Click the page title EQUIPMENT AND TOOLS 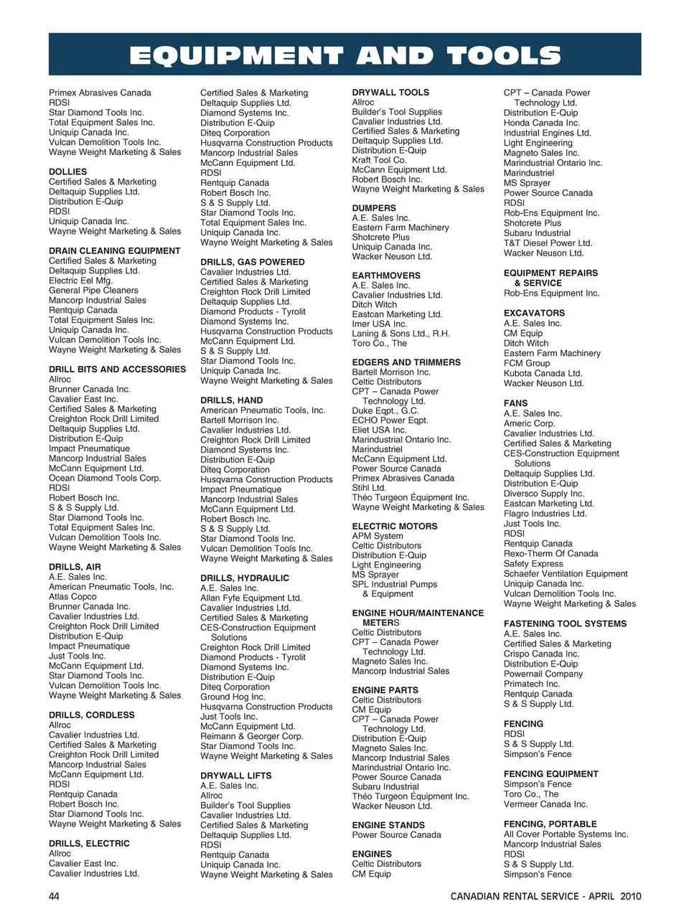click(x=344, y=55)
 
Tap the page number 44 click(x=55, y=896)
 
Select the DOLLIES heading click(x=67, y=172)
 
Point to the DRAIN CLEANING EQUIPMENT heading click(x=114, y=251)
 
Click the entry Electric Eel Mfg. click(x=80, y=281)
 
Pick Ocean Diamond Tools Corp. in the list click(x=104, y=478)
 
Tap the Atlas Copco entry click(x=72, y=596)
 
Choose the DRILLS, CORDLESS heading click(x=91, y=715)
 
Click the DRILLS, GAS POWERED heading click(x=252, y=263)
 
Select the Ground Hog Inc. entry click(x=233, y=697)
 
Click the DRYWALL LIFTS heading click(x=235, y=776)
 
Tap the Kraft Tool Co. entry click(x=379, y=160)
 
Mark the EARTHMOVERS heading click(x=385, y=276)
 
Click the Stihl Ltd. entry click(x=369, y=488)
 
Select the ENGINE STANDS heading click(x=388, y=825)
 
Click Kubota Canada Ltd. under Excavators click(x=543, y=373)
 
